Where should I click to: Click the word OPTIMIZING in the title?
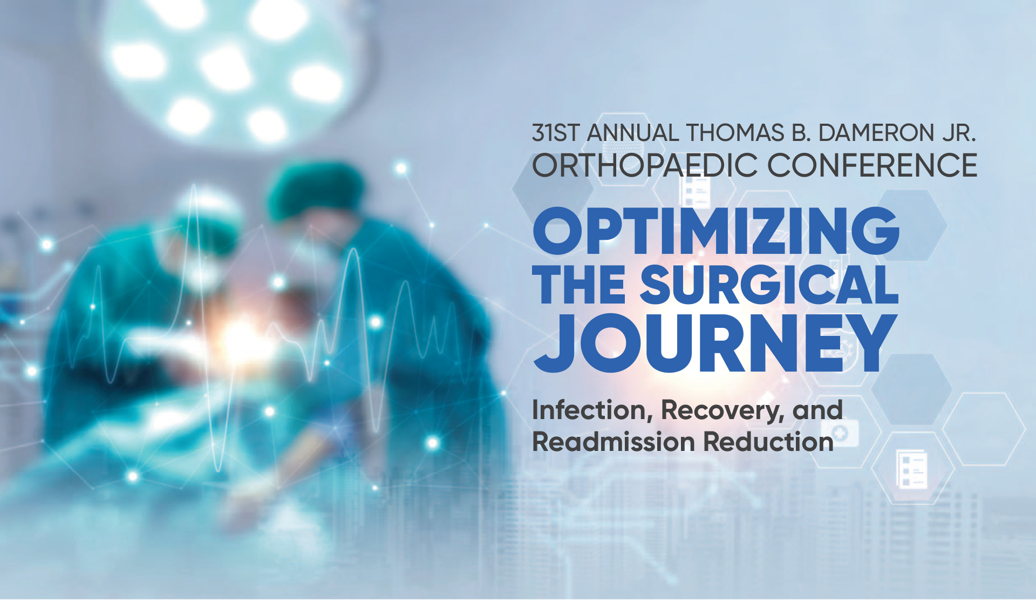716,231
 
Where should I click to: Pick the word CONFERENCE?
872,165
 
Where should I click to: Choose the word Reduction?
769,442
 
